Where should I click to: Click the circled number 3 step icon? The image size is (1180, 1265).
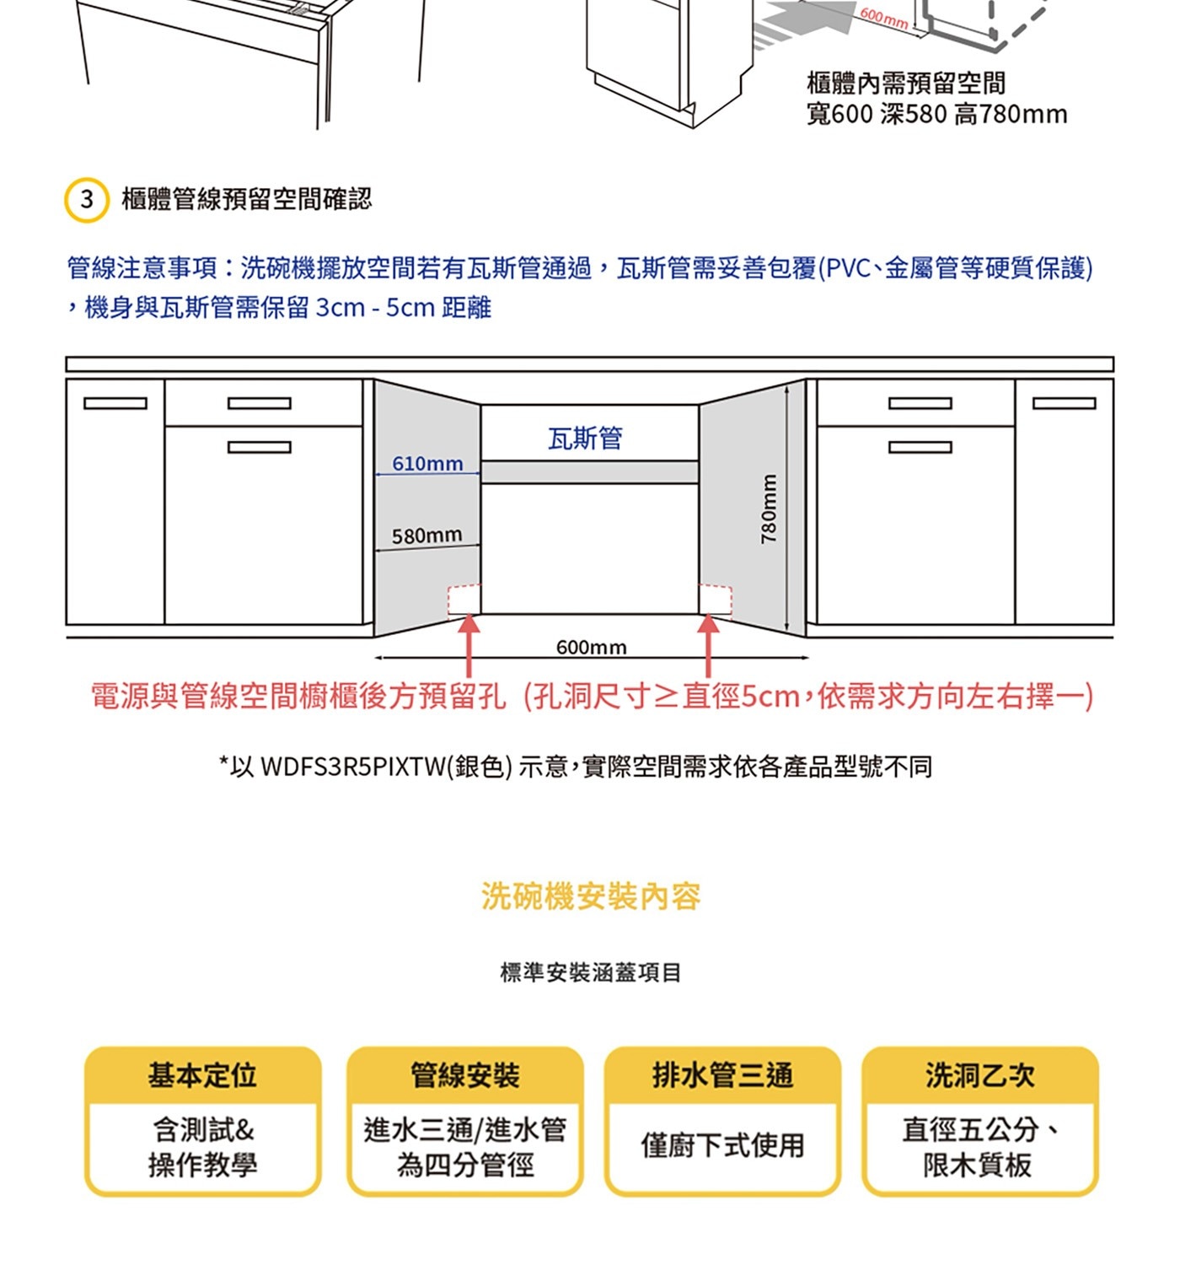[87, 201]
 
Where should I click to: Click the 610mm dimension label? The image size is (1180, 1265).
[427, 464]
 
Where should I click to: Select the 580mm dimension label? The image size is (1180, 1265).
[426, 536]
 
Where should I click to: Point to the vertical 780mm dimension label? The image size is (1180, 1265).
[768, 509]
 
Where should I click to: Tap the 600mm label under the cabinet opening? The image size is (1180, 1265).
[591, 648]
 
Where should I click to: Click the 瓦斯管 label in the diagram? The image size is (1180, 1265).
[585, 439]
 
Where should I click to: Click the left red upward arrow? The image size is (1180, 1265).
[469, 644]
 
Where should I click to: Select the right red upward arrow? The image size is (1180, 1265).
[709, 644]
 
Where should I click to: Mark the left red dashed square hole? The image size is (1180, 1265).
[464, 600]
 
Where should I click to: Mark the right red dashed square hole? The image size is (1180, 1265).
[716, 600]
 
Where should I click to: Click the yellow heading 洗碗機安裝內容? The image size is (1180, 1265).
[591, 896]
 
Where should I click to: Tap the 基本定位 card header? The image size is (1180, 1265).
[202, 1075]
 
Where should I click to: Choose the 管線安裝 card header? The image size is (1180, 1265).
[464, 1075]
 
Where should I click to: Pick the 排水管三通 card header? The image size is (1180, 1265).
[722, 1075]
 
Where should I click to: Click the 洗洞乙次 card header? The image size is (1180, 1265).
[979, 1075]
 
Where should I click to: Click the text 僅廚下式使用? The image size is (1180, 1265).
[722, 1145]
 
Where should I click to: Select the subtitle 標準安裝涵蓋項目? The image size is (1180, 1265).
[591, 972]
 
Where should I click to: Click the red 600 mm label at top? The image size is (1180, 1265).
[883, 19]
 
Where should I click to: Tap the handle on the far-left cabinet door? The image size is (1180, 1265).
[115, 403]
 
